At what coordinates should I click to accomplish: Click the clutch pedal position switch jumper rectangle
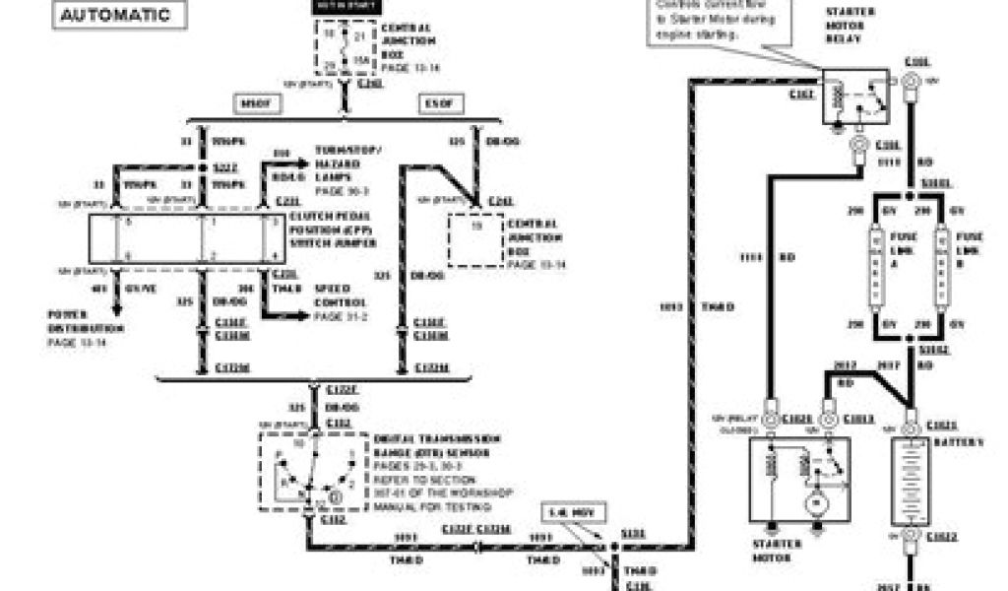tap(187, 238)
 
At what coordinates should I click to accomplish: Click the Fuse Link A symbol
tap(872, 265)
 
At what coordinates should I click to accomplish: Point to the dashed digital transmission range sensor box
tap(313, 471)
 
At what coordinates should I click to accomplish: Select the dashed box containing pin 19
tap(475, 239)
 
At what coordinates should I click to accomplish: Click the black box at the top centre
tap(343, 5)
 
